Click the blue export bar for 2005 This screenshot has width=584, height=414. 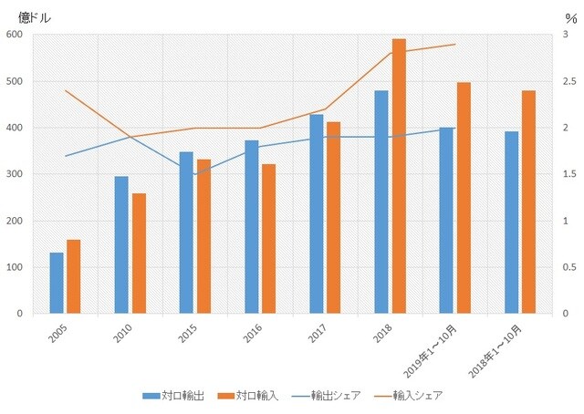pos(57,283)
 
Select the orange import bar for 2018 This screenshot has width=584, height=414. pos(399,176)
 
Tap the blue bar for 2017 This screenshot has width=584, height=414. pos(317,214)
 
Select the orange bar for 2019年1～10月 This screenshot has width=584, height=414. pos(464,198)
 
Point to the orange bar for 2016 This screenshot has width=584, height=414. pos(268,239)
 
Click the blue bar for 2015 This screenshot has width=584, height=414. pos(186,233)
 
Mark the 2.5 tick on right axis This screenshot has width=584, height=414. pos(570,81)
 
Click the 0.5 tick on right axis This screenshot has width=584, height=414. pos(570,267)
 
